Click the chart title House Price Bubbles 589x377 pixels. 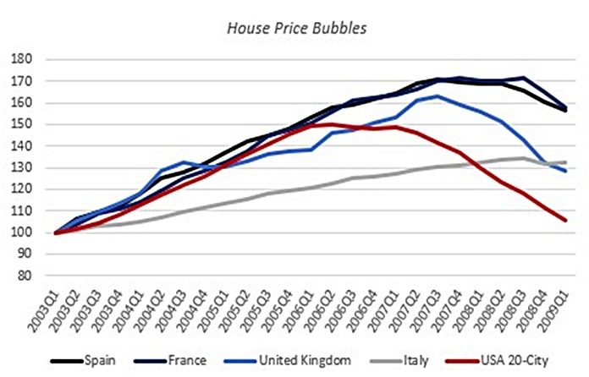tap(294, 28)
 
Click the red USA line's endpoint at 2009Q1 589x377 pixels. tap(564, 221)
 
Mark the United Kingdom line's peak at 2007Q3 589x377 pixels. tap(438, 96)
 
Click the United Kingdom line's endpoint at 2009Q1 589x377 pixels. tap(564, 171)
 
